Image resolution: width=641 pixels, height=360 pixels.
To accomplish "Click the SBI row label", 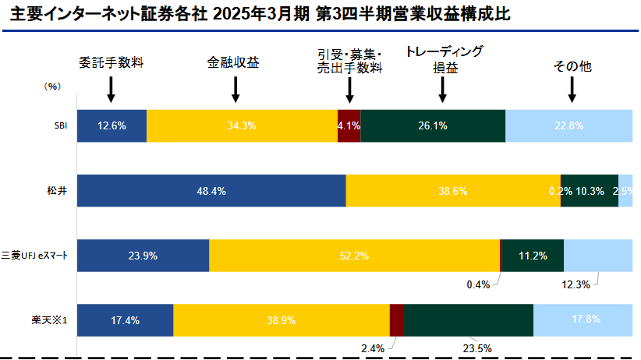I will point(59,126).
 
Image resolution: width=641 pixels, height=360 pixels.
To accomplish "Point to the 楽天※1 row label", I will point(55,320).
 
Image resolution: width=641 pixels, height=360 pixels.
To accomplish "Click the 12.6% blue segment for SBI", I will point(112,126).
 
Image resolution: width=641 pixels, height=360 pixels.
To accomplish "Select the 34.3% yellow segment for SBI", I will point(242,126).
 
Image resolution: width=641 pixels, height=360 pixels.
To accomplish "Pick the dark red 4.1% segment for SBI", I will point(349,126).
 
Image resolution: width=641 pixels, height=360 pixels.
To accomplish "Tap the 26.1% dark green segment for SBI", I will point(433,126).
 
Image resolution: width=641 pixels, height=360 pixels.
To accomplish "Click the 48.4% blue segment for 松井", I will point(211,191).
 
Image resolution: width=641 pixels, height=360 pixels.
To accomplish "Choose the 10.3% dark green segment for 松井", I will point(590,191).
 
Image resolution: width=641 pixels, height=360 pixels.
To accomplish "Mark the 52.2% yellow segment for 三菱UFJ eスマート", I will point(354,256).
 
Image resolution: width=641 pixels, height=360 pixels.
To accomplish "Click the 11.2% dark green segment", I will point(532,256).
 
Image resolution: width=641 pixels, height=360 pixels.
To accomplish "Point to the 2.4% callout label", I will point(373,348).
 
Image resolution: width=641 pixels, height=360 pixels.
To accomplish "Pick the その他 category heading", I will point(572,67).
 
